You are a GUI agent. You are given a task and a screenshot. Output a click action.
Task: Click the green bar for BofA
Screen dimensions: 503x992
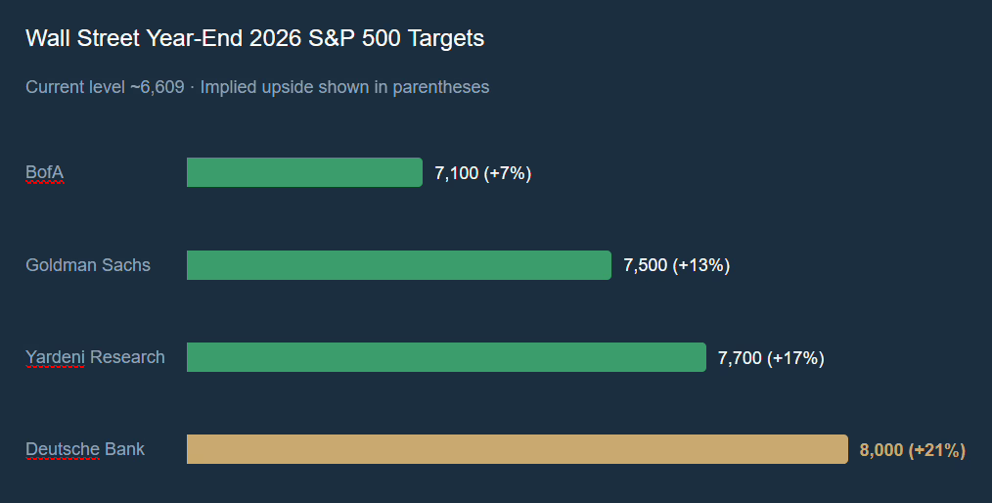pos(304,172)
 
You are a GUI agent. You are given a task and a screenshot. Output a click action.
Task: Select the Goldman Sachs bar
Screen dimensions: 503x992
pos(399,265)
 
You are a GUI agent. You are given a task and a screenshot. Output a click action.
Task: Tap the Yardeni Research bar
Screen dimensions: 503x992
pos(446,357)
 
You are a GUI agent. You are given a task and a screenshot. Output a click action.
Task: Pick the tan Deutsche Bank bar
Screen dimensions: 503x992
pos(517,449)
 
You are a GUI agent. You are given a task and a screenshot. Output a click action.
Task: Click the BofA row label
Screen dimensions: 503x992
pos(44,173)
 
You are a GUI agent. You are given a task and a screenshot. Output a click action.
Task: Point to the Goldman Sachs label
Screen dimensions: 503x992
pos(88,265)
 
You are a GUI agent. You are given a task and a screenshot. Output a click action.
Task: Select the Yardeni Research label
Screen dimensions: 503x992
pos(95,357)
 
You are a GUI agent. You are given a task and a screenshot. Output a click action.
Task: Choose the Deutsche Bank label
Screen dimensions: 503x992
pos(85,449)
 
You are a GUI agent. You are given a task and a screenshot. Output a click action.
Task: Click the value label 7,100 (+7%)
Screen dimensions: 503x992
pos(482,173)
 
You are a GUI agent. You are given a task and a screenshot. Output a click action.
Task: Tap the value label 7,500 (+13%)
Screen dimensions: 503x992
pos(676,265)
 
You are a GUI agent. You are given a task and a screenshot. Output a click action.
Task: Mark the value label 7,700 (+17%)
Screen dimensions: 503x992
pos(771,357)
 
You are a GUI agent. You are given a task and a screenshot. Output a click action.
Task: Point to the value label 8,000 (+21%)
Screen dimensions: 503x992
pos(912,450)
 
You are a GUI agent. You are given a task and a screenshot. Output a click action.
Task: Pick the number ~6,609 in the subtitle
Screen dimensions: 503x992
pos(157,87)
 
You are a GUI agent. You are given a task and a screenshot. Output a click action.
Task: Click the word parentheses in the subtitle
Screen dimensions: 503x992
pos(440,87)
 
